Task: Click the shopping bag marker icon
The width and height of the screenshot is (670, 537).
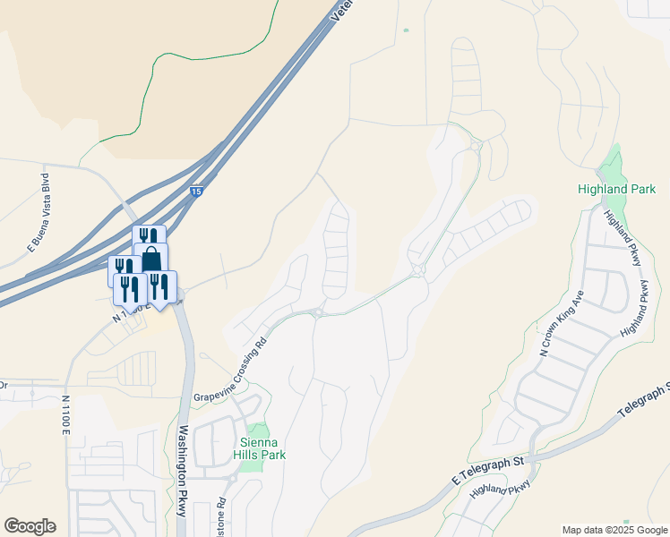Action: (151, 259)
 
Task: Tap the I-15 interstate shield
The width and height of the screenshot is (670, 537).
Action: (196, 191)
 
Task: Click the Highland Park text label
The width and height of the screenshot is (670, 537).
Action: (616, 189)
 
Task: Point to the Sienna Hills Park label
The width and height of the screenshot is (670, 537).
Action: (260, 448)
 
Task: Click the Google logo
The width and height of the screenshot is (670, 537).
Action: (30, 526)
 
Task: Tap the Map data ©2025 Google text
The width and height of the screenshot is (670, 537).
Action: (615, 530)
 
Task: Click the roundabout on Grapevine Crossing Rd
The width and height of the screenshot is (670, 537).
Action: (317, 311)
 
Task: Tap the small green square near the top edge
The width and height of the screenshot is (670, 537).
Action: (406, 30)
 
